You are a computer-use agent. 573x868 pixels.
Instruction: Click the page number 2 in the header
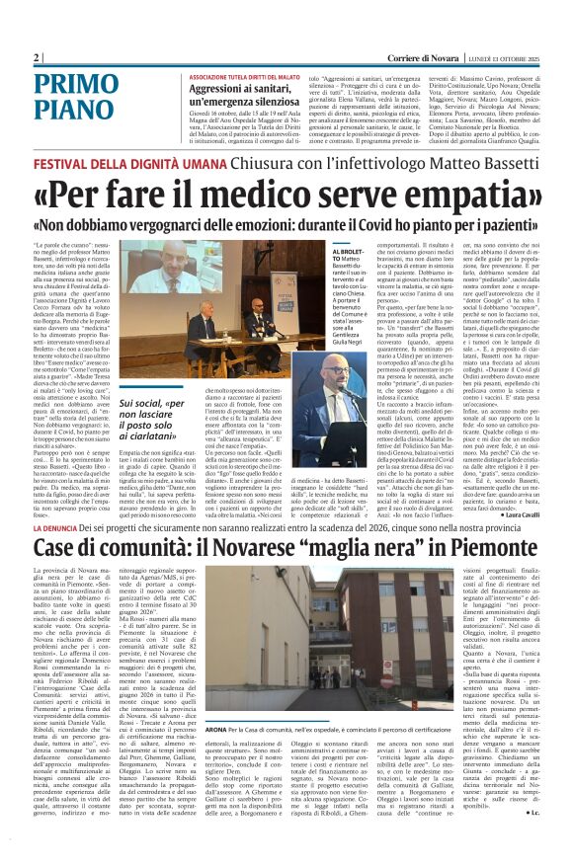click(x=37, y=57)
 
